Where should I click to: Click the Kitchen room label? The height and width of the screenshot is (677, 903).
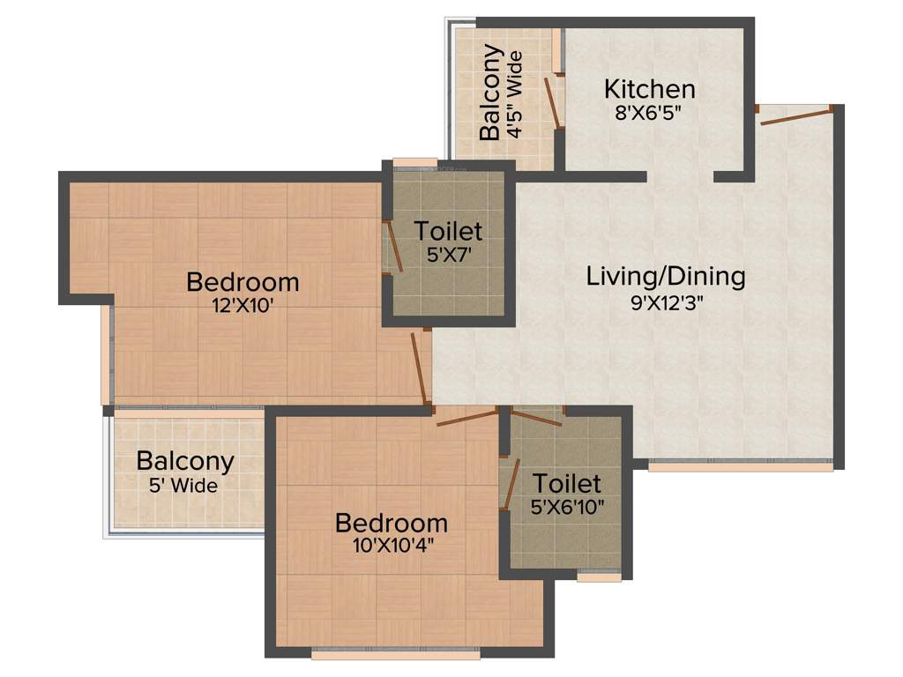(649, 89)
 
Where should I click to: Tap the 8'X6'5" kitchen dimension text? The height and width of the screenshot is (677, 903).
(649, 112)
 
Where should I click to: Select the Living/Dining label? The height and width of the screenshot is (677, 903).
(666, 276)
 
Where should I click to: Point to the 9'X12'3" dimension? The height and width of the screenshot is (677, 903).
(666, 301)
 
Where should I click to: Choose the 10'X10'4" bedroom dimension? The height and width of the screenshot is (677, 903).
(391, 545)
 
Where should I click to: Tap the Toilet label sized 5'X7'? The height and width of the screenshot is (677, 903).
(449, 232)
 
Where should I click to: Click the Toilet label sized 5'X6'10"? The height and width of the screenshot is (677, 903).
(568, 483)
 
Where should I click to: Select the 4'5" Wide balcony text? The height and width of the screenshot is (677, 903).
(513, 95)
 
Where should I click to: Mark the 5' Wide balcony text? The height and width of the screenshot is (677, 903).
(185, 485)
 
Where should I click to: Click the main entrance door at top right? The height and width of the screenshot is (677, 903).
(796, 115)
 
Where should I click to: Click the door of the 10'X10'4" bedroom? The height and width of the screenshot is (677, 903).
(467, 417)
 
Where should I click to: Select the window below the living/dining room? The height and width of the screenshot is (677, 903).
(740, 467)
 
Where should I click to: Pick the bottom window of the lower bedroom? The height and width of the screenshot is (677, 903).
(375, 655)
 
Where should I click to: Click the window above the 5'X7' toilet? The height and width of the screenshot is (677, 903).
(414, 162)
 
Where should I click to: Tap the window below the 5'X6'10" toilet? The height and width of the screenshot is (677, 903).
(599, 577)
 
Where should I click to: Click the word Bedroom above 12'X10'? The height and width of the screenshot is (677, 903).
(243, 283)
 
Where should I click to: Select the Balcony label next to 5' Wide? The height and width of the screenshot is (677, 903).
(185, 461)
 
